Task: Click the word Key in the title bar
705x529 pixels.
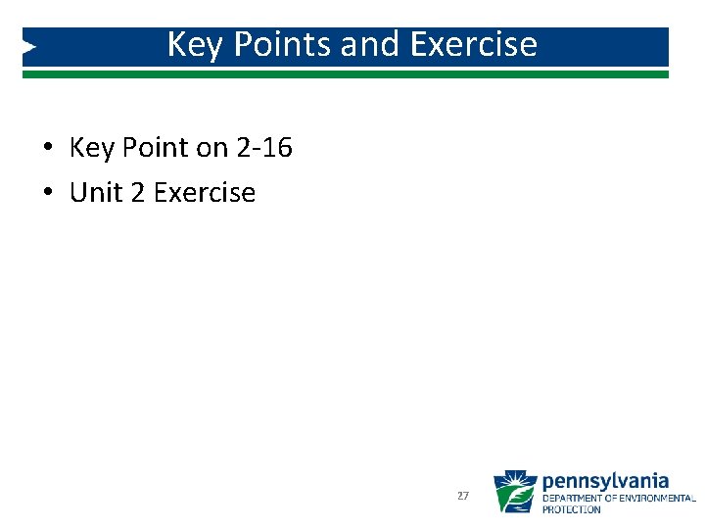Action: (191, 45)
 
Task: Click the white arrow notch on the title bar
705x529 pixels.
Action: (29, 46)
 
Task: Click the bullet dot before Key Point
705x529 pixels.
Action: (47, 149)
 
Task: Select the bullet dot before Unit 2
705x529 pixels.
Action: (47, 194)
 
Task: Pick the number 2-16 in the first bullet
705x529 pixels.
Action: (264, 148)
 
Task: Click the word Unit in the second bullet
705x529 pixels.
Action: (96, 193)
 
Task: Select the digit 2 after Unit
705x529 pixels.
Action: (138, 193)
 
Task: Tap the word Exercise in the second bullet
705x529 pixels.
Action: (205, 193)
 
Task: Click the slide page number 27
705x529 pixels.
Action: (463, 497)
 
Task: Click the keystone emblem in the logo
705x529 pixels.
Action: (515, 492)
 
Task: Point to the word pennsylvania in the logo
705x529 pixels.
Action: (605, 481)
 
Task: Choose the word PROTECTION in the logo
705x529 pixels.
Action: (572, 509)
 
